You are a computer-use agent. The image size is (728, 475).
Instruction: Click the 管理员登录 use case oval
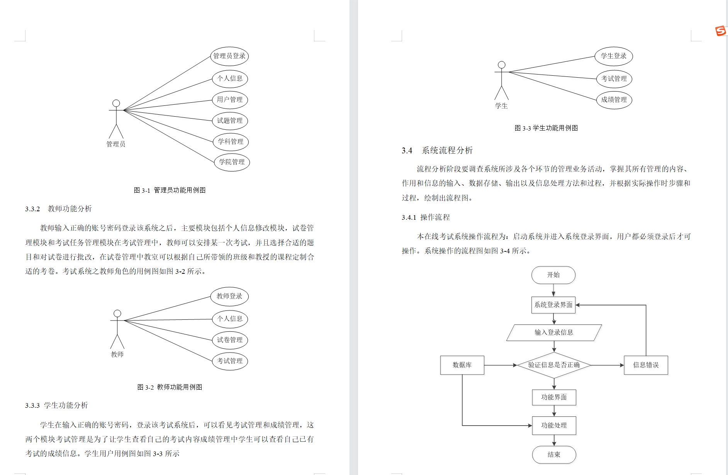coord(229,56)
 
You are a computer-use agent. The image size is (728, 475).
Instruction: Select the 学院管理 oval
coord(232,162)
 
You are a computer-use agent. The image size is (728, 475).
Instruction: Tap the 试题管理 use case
coord(230,120)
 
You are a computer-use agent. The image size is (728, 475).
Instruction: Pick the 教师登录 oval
coord(229,296)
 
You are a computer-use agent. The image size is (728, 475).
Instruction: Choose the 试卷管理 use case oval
coord(230,340)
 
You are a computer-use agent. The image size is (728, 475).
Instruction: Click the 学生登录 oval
coord(614,56)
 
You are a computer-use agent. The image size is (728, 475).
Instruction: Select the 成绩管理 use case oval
coord(614,100)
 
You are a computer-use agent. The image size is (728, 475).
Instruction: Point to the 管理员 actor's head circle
coord(116,103)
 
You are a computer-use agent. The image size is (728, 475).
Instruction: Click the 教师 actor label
coord(117,354)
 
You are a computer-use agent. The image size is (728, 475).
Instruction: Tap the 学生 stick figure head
coord(501,65)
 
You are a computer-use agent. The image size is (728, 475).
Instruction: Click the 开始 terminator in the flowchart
coord(553,275)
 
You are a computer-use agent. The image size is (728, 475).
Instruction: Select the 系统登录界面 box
coord(553,305)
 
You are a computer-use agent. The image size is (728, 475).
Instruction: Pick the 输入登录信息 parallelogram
coord(554,332)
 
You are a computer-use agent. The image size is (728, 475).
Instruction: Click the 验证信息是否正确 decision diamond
coord(554,365)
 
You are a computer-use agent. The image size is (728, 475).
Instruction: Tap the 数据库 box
coord(462,365)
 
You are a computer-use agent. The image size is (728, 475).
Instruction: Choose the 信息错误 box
coord(646,365)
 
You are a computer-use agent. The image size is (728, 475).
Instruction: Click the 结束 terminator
coord(554,455)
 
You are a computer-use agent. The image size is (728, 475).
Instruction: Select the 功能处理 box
coord(554,425)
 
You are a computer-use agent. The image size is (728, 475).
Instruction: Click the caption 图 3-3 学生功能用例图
coord(546,128)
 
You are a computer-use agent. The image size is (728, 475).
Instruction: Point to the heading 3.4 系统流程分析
coord(437,150)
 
